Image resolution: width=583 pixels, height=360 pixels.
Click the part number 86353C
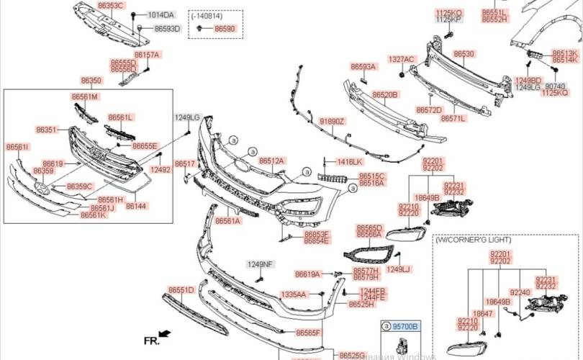click(x=110, y=5)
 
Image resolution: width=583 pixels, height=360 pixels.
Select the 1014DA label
click(x=161, y=15)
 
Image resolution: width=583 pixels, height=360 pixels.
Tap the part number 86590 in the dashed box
click(x=225, y=28)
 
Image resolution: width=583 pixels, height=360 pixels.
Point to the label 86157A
click(x=146, y=55)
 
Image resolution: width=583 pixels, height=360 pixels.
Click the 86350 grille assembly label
click(x=91, y=81)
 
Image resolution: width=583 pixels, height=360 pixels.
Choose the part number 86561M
click(x=84, y=96)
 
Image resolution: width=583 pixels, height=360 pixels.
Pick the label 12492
click(x=160, y=170)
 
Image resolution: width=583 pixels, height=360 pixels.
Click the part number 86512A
click(x=271, y=161)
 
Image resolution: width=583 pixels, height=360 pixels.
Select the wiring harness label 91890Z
click(x=333, y=122)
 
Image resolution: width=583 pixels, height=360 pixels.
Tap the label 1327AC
click(x=401, y=59)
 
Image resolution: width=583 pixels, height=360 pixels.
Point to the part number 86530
click(x=464, y=54)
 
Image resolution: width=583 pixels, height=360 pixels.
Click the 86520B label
click(x=384, y=94)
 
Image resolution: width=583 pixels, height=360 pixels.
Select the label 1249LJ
click(x=398, y=269)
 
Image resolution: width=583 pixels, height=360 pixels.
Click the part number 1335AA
click(x=293, y=294)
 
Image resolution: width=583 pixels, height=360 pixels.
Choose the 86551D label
click(x=181, y=289)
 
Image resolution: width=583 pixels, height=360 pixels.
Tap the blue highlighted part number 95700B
click(x=405, y=326)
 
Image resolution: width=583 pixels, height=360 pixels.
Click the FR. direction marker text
click(x=151, y=338)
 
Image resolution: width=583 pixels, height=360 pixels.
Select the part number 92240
click(x=520, y=292)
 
